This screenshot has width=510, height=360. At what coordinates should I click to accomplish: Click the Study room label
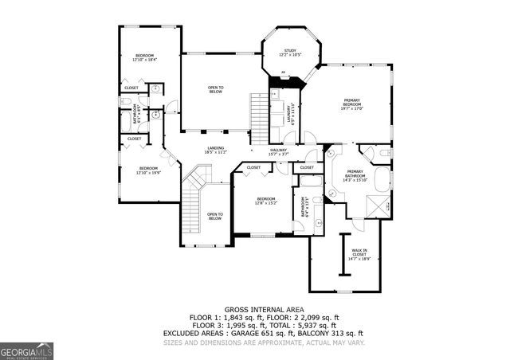tap(289, 53)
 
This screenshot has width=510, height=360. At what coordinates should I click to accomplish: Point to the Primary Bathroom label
tap(355, 177)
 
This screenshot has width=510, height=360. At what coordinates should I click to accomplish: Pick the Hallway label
tap(278, 151)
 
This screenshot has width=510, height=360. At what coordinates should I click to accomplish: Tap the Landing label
tap(215, 149)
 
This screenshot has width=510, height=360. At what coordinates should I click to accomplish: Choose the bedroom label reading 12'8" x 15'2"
tap(265, 200)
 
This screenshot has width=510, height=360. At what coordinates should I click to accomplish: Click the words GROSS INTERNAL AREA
tap(254, 308)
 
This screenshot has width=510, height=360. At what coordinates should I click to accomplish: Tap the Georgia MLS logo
tap(26, 348)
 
